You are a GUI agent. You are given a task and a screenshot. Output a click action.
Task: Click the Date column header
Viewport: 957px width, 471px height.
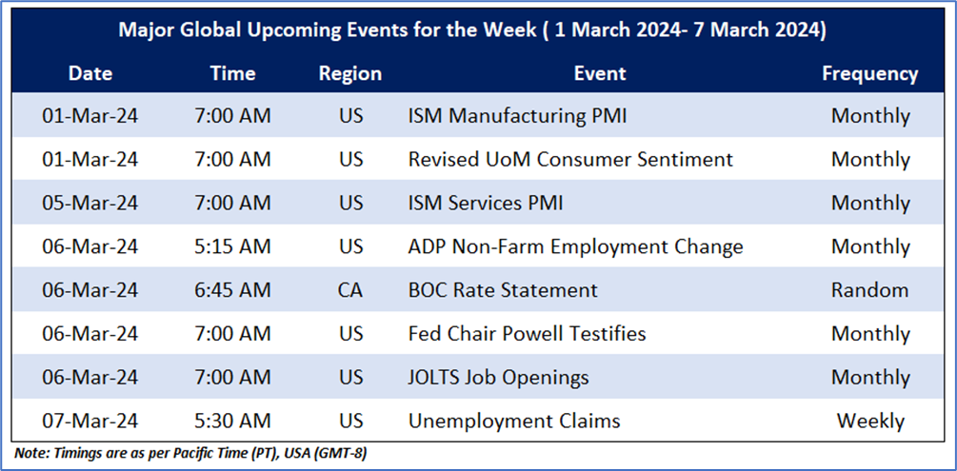coord(90,74)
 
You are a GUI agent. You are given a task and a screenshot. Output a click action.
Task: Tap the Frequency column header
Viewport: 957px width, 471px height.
coord(869,74)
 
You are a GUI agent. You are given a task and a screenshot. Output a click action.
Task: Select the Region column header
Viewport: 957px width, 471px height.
coord(350,74)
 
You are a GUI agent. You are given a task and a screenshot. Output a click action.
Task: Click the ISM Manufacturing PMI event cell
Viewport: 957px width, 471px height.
coord(517,115)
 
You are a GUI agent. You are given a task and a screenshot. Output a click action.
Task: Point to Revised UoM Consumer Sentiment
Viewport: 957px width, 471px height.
coord(570,159)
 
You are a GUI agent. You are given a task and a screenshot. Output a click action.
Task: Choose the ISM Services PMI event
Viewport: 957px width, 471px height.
coord(486,203)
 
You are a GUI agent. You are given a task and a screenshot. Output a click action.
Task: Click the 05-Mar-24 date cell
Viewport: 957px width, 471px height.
coord(90,203)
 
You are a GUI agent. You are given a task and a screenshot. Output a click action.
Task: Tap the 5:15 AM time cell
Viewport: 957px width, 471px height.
coord(232,246)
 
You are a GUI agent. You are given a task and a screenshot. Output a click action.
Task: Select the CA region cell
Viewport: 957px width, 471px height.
coord(350,290)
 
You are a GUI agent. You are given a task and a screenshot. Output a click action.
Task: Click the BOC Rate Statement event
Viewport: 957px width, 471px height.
coord(503,290)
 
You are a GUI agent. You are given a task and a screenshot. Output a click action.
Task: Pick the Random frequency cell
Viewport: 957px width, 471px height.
coord(869,290)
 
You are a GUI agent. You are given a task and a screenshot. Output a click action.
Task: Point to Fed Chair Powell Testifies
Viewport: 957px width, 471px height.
coord(527,334)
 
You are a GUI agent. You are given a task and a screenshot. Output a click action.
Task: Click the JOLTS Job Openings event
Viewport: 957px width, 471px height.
coord(499,377)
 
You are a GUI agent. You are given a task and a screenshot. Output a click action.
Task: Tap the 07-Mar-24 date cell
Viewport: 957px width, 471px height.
coord(90,421)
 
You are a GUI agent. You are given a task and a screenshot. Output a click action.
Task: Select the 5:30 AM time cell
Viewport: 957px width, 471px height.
coord(232,421)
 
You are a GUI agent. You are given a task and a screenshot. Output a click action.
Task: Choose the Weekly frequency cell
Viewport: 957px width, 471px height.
coord(869,421)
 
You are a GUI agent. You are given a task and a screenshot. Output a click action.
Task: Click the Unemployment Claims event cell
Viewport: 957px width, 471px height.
coord(514,421)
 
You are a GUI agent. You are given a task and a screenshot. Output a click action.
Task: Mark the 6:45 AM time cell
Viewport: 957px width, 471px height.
coord(232,290)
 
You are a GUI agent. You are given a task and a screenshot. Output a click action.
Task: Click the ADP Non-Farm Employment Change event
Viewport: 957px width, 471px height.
coord(575,246)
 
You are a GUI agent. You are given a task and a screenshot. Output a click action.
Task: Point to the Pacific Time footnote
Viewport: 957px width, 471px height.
coord(190,455)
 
